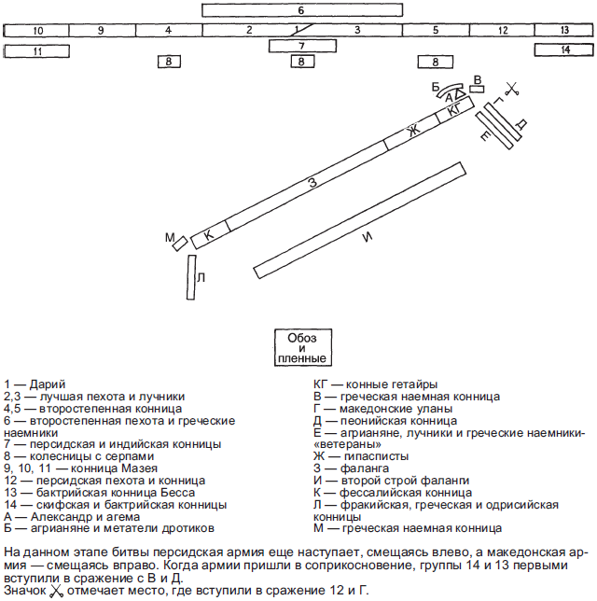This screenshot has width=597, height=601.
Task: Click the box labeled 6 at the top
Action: pos(302,10)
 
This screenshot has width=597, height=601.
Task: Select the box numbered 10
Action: pos(36,30)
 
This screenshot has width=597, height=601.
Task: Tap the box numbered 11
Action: pos(36,51)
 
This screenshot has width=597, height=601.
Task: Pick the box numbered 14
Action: pos(563,49)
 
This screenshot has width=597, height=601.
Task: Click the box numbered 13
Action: pos(563,30)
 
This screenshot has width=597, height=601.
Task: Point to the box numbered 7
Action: pos(302,46)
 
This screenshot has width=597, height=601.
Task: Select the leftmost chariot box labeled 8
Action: pos(169,62)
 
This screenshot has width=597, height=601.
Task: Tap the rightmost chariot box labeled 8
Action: pos(435,62)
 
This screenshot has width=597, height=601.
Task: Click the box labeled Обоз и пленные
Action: pos(303,347)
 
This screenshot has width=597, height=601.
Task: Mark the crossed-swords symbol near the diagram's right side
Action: pos(512,89)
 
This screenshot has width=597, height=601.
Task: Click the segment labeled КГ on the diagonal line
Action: pos(455,109)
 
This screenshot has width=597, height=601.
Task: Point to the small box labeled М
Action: pos(180,244)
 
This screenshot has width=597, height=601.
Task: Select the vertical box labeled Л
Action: pos(191,277)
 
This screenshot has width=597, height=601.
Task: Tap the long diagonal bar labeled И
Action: pos(360,220)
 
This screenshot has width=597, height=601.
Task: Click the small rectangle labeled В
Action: pos(477,89)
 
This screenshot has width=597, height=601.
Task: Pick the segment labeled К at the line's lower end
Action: pos(211,234)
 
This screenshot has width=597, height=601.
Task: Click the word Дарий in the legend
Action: pos(48,384)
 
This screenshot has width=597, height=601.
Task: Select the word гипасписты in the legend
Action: pos(376,456)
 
